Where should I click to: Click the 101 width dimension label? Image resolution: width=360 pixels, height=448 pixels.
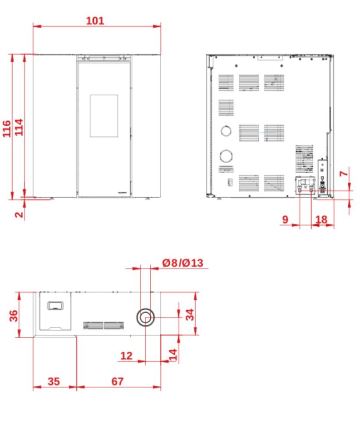95,21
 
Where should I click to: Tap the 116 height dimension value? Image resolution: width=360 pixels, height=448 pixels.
7,129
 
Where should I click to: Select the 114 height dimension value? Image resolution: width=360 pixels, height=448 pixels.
19,127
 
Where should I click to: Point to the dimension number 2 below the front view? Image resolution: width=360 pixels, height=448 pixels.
19,214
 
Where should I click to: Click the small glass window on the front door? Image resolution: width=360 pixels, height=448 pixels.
104,115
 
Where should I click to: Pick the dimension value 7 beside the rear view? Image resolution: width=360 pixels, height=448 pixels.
343,173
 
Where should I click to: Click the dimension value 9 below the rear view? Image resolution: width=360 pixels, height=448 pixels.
285,220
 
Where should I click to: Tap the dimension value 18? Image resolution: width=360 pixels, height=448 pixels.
321,220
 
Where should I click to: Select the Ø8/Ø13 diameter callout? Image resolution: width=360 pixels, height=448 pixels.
183,263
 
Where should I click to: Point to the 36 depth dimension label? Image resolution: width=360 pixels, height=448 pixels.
14,315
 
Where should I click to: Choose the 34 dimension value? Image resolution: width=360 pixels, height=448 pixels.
190,314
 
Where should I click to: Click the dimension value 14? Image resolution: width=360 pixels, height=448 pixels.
173,354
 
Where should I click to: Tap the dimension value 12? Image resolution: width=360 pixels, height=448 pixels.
127,356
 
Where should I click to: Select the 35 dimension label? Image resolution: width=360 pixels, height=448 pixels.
54,381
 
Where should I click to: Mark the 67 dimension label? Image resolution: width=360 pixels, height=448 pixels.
117,381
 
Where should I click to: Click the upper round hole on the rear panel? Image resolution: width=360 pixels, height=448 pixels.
226,131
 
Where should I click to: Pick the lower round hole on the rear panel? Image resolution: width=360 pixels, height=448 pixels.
226,156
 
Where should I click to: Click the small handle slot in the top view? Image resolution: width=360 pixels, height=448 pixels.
55,306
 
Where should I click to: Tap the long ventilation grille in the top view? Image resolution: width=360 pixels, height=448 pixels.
103,325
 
